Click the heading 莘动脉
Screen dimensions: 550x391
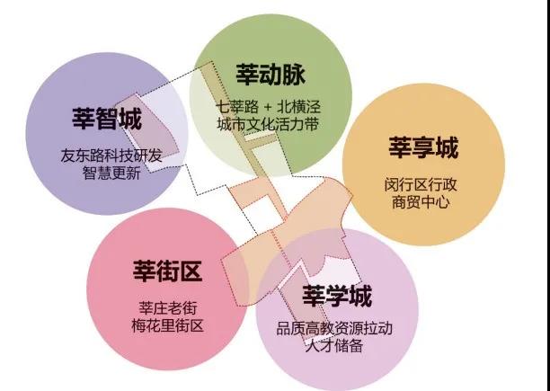[271, 75]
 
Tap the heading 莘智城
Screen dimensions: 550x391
[107, 119]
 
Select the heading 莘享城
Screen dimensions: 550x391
[423, 147]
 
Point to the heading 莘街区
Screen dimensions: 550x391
[168, 271]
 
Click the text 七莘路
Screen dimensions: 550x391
[236, 106]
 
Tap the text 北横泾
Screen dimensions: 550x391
[299, 106]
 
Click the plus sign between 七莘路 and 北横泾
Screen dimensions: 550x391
[268, 107]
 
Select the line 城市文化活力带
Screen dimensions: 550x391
[268, 124]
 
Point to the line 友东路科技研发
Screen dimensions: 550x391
[111, 156]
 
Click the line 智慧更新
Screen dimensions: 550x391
[111, 173]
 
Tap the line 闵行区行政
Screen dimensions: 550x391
[421, 184]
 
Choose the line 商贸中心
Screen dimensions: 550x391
[421, 202]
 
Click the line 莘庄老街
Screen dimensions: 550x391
[168, 308]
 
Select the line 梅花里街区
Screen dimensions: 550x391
[168, 325]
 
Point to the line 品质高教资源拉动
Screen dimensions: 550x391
[334, 329]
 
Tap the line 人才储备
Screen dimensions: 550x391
[334, 346]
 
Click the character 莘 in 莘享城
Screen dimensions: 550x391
[400, 147]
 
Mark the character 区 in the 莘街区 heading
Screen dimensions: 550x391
[191, 271]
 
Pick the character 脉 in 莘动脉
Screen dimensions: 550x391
[294, 75]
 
